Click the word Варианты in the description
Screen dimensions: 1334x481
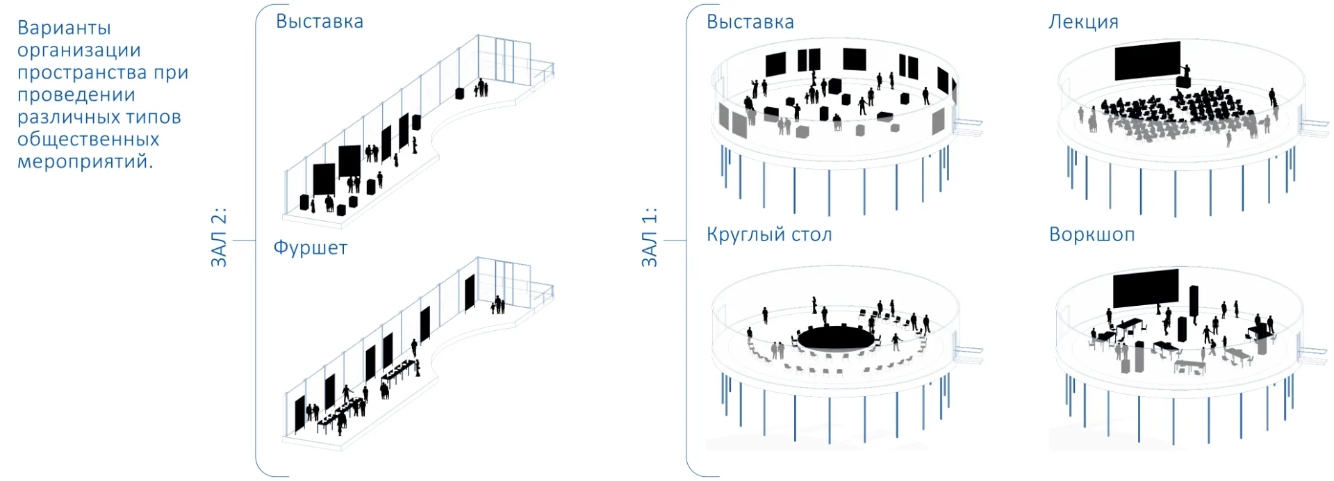(64, 28)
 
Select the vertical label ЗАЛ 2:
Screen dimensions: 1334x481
(219, 237)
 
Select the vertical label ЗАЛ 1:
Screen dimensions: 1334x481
(649, 237)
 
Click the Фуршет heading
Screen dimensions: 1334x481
(310, 249)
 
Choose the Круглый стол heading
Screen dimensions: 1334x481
(769, 235)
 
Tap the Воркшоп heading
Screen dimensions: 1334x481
(1092, 235)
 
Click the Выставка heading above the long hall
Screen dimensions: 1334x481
(320, 22)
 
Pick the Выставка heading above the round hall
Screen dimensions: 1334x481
(750, 22)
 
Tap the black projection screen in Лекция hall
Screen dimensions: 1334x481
(1147, 61)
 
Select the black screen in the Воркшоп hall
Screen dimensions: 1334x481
(1146, 288)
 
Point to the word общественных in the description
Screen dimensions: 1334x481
(88, 139)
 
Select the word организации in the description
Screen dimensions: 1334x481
(79, 51)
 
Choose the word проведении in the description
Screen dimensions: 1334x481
(76, 95)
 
